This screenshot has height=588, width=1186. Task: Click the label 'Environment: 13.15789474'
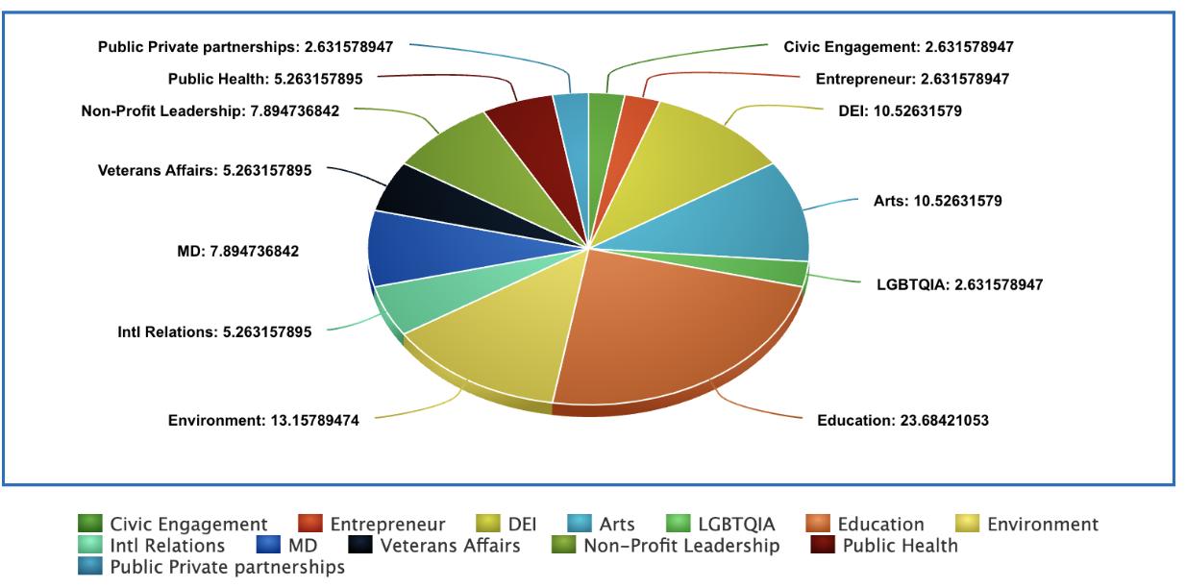263,420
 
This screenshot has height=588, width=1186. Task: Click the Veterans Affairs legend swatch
359,547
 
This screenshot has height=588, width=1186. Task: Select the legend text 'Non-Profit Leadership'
681,547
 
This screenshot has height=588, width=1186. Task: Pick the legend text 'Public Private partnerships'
227,568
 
